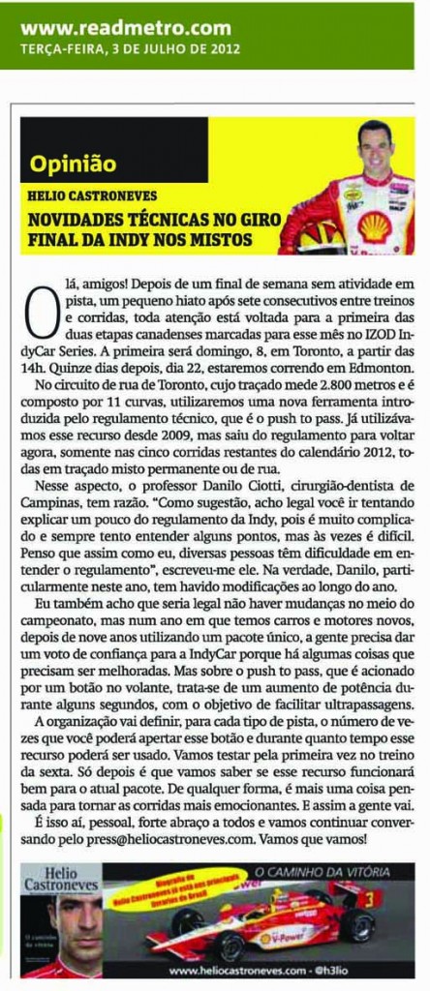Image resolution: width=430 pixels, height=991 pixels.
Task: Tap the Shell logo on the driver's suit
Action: point(374,225)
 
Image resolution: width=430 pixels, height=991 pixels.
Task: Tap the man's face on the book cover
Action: point(76,923)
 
